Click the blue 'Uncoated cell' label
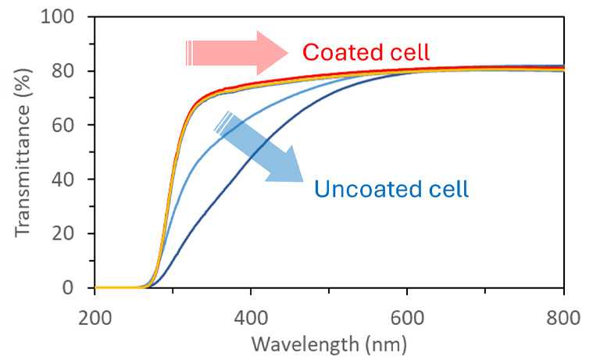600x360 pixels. click(391, 189)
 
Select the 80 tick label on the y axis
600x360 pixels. click(70, 71)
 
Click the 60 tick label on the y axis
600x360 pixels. click(70, 125)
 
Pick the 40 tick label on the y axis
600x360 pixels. click(70, 180)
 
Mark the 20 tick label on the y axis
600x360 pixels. click(70, 233)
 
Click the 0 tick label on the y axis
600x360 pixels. click(76, 288)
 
